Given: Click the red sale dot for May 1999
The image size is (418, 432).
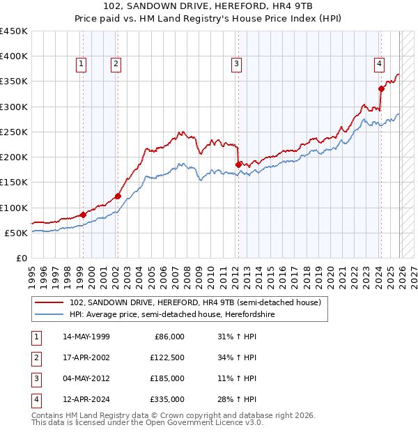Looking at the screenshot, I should pos(83,215).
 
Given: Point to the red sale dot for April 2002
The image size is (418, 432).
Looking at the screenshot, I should pos(118,196).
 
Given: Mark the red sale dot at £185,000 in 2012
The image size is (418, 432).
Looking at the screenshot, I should pos(238,164).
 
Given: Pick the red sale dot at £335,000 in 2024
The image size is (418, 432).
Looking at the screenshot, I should pos(381,88).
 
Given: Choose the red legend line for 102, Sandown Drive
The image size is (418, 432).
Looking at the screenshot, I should pos(49,303).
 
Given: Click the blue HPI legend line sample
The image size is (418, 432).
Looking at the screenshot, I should pos(49,315).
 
